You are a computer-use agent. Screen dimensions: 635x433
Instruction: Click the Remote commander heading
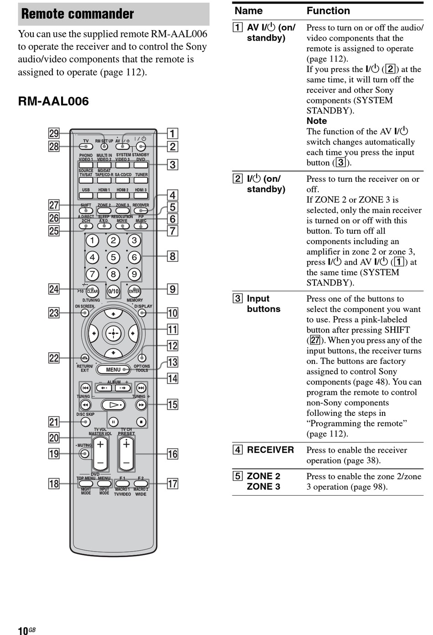(77, 14)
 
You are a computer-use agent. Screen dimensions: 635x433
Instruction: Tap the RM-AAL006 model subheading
(53, 101)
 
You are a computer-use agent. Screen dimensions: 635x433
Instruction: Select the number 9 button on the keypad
(134, 274)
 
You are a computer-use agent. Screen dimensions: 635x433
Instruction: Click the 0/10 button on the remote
(113, 291)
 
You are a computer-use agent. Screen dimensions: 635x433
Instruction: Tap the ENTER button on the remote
(134, 291)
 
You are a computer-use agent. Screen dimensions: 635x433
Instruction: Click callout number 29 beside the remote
(54, 133)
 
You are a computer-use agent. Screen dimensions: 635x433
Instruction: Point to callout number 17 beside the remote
(172, 484)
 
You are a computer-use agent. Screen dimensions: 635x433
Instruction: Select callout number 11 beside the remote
(172, 329)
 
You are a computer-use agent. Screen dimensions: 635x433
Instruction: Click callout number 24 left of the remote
(54, 289)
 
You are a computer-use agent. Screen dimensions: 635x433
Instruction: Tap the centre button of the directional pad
(113, 333)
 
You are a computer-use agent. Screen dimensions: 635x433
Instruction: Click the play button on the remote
(113, 405)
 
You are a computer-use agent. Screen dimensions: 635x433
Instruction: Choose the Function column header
(328, 10)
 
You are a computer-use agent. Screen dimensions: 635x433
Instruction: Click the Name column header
(248, 10)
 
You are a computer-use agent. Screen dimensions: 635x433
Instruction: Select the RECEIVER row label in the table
(270, 450)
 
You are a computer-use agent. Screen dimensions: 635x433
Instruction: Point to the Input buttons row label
(263, 304)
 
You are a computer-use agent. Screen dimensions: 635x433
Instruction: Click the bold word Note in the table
(316, 121)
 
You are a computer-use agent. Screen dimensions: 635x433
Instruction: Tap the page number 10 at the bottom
(23, 630)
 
